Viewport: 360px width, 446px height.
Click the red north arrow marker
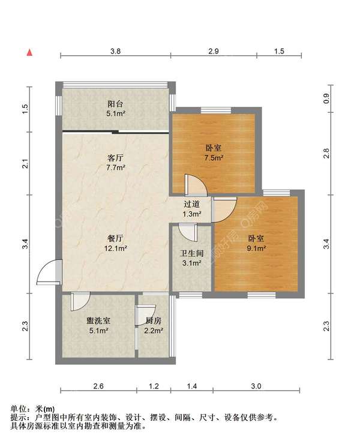[x=29, y=53]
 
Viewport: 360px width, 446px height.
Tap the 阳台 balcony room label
[x=115, y=104]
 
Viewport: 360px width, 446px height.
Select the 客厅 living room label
[x=115, y=158]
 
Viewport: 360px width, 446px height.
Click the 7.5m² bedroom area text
[x=214, y=158]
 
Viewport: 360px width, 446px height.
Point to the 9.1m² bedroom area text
[x=256, y=248]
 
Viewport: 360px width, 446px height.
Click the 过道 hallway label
[x=191, y=204]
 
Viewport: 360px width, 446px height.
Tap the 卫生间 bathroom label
[x=191, y=253]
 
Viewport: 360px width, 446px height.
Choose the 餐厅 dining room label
[x=115, y=238]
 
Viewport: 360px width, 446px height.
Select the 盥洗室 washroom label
[x=98, y=321]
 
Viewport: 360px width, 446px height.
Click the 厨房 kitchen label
[x=154, y=321]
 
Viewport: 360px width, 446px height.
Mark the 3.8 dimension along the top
[x=115, y=51]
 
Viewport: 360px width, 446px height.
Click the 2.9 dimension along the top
[x=214, y=51]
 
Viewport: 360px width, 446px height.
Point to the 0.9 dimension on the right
[x=326, y=98]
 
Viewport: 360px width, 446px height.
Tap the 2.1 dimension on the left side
[x=26, y=163]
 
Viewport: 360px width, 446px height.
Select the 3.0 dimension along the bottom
[x=256, y=386]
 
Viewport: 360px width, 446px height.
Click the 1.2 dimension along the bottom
[x=154, y=386]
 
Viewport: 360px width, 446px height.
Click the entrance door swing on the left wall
[x=49, y=272]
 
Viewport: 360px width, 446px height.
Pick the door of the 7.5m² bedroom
[x=196, y=185]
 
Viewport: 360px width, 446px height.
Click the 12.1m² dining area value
[x=115, y=249]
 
